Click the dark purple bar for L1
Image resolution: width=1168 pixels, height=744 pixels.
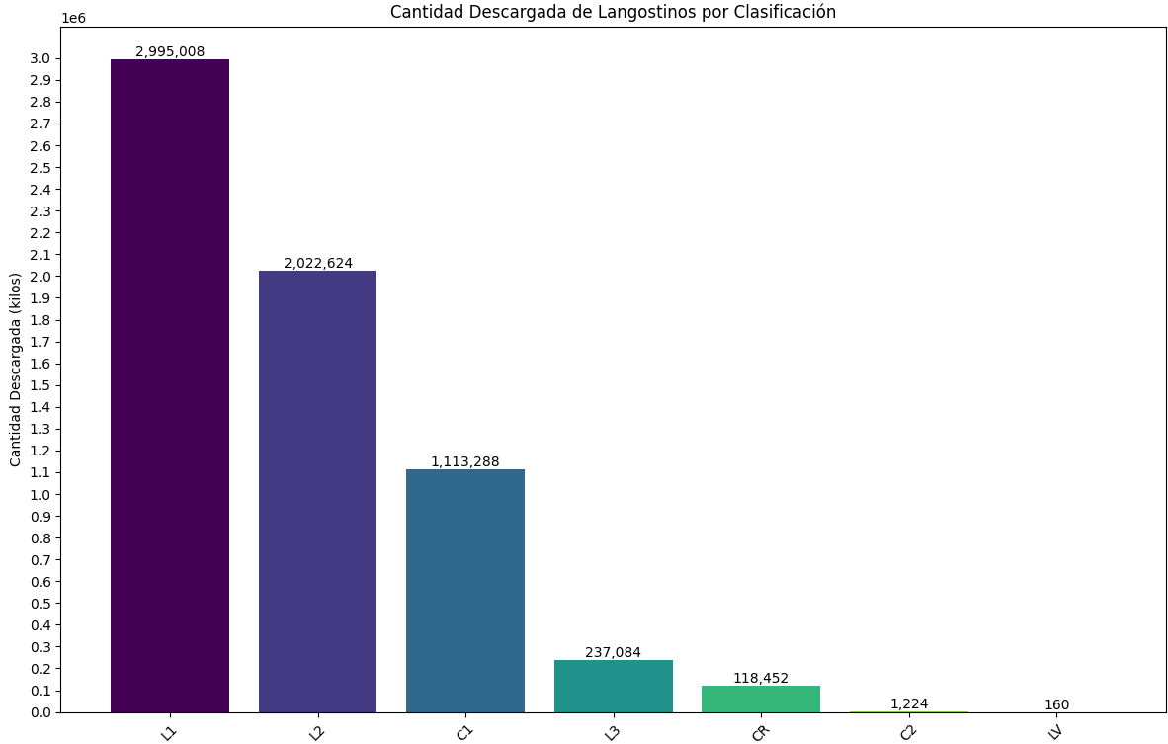170,385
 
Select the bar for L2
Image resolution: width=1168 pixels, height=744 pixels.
317,491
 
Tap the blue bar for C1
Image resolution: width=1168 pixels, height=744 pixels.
465,591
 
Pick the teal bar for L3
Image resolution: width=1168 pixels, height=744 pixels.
613,686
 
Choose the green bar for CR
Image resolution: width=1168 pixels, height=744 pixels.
761,699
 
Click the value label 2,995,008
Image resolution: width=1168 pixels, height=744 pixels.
170,52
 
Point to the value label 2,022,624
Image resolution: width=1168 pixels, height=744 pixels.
317,264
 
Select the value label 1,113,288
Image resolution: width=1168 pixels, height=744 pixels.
465,462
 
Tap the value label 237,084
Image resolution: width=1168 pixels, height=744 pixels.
613,653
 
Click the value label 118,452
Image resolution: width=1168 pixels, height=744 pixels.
761,679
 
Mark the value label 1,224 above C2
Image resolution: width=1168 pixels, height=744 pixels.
909,704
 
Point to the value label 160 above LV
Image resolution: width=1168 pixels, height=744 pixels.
1056,705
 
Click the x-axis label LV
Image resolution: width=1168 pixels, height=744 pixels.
1055,732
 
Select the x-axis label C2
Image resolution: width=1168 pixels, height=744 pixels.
908,732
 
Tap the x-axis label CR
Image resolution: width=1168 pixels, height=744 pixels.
760,732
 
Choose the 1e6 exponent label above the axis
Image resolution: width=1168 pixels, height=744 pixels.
73,18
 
